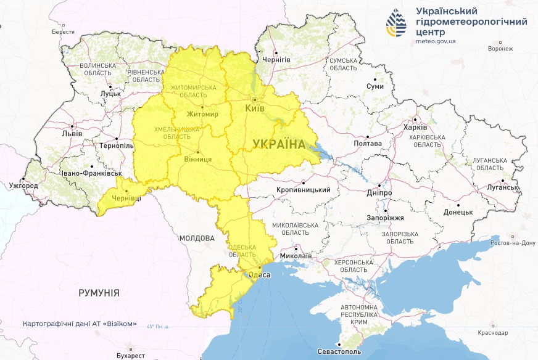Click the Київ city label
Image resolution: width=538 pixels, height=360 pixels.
255,108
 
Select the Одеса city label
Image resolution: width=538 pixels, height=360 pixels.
259,274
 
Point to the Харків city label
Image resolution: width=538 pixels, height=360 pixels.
415,127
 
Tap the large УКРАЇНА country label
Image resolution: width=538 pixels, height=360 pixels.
279,144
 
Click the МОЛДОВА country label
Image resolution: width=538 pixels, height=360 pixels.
197,237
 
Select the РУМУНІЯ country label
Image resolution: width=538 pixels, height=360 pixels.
99,293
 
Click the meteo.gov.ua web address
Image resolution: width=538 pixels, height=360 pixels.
436,41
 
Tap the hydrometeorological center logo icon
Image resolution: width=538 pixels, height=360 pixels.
397,23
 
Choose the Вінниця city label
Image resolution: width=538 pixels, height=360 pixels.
198,159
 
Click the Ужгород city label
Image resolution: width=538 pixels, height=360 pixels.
23,186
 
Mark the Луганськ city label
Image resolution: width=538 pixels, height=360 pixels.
502,187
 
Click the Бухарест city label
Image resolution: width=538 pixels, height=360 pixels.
130,356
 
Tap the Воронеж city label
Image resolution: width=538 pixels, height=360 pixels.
500,49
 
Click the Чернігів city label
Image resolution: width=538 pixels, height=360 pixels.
276,60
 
